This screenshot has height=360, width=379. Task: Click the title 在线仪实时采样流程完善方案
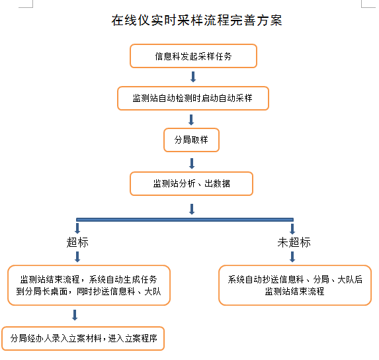(x=196, y=21)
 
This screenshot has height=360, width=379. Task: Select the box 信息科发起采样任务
(x=193, y=56)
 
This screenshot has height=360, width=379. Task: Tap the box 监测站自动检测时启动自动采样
(x=193, y=98)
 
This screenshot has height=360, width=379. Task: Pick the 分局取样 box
(x=191, y=140)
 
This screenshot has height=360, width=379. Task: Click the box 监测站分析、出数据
(x=191, y=184)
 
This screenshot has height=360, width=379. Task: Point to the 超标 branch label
(x=77, y=242)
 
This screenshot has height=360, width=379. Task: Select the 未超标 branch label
(x=294, y=242)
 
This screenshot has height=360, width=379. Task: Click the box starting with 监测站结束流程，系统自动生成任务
(x=89, y=285)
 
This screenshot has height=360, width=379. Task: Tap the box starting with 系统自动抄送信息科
(x=295, y=285)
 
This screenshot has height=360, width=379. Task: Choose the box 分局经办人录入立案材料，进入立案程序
(x=83, y=338)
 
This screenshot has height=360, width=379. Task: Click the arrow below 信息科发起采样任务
(x=193, y=77)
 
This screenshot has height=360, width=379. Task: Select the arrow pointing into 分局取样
(x=191, y=120)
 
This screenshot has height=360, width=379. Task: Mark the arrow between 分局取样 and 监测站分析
(x=192, y=163)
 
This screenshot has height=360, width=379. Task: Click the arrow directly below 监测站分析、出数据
(x=192, y=209)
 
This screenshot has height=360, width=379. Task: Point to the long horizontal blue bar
(x=185, y=220)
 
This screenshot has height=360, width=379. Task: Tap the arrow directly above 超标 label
(x=77, y=228)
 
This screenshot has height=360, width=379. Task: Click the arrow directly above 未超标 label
(x=292, y=229)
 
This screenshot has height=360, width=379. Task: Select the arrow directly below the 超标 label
(x=77, y=257)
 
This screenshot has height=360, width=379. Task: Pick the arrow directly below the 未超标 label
(x=292, y=257)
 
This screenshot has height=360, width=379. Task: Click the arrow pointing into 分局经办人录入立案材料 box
(x=75, y=315)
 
